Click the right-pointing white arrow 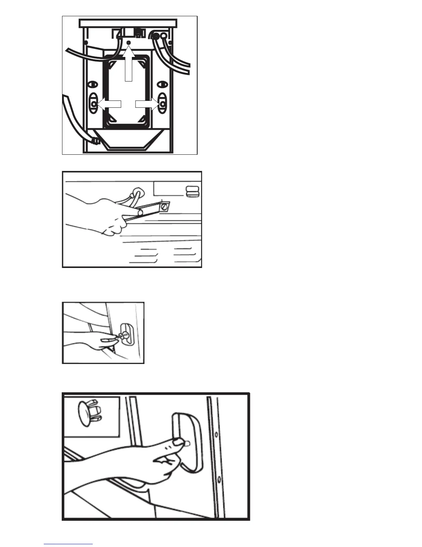pos(147,104)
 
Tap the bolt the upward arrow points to pos(129,42)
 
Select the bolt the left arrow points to pos(93,104)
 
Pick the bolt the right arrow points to pos(162,104)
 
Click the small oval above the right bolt pos(162,84)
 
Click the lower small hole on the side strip pos(219,479)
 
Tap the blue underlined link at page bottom pos(68,544)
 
